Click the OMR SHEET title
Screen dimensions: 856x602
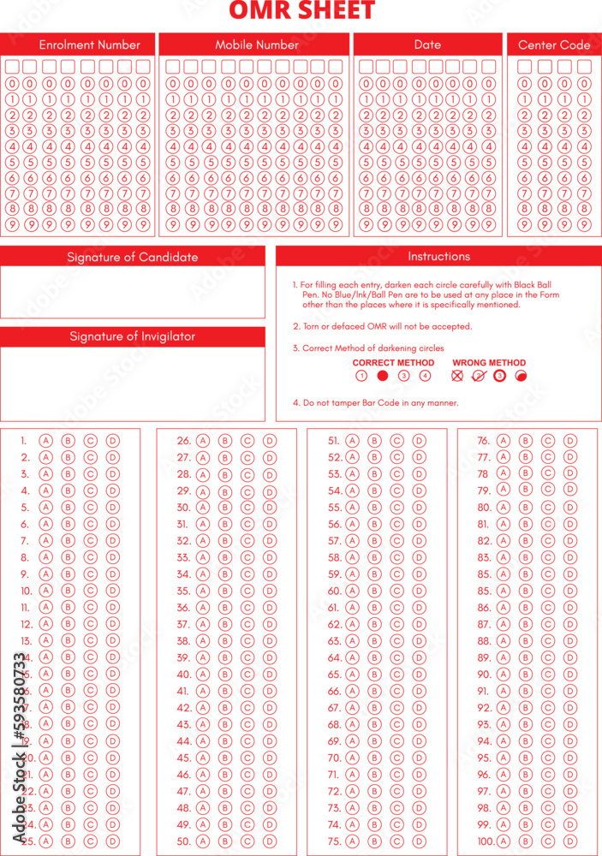click(x=301, y=11)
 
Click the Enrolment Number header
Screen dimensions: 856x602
click(x=89, y=45)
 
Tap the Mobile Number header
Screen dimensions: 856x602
click(x=257, y=45)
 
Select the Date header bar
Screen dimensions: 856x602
click(x=427, y=45)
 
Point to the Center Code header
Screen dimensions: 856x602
click(x=554, y=45)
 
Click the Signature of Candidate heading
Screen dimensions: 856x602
click(x=132, y=257)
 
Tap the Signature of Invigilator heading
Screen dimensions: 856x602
click(x=132, y=336)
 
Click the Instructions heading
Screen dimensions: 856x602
click(x=438, y=256)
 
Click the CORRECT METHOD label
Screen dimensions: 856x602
click(x=393, y=363)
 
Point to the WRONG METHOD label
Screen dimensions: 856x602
click(x=489, y=363)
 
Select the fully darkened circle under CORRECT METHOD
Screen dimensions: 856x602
click(x=383, y=376)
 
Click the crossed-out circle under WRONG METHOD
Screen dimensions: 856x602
click(x=457, y=376)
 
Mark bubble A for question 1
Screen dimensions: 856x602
click(x=46, y=441)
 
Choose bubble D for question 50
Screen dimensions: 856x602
click(x=270, y=841)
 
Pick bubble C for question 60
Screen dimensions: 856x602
click(x=397, y=591)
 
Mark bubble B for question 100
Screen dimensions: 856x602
click(x=526, y=841)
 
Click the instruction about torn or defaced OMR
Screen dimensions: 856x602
click(x=382, y=326)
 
